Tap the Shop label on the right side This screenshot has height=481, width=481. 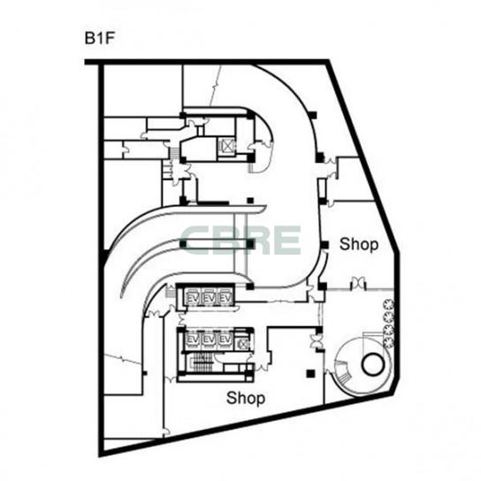(360, 244)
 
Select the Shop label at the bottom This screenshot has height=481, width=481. (246, 398)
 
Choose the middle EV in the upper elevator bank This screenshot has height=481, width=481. (209, 298)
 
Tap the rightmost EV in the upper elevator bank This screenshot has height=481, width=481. (225, 298)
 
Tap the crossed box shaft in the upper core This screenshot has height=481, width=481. (227, 146)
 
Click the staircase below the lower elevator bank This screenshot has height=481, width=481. (203, 363)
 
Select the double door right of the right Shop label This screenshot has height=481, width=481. (358, 283)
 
